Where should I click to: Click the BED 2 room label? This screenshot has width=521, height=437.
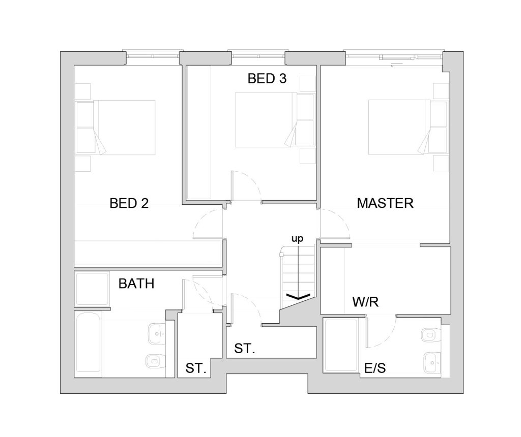pyautogui.click(x=129, y=203)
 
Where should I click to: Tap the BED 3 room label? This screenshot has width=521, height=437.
pyautogui.click(x=267, y=79)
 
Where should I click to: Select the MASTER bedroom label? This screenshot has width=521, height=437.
pyautogui.click(x=385, y=203)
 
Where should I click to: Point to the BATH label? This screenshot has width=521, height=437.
pyautogui.click(x=136, y=284)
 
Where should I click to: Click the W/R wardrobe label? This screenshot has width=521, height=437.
pyautogui.click(x=365, y=302)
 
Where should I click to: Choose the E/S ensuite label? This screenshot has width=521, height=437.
pyautogui.click(x=375, y=368)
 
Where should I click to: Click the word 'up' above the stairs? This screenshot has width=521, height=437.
pyautogui.click(x=297, y=239)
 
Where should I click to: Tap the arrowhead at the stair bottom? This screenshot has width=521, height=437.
pyautogui.click(x=298, y=296)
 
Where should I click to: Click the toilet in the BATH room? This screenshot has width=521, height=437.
pyautogui.click(x=156, y=361)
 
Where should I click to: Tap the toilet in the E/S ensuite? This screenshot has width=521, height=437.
pyautogui.click(x=430, y=335)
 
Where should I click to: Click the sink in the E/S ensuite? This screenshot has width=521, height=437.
pyautogui.click(x=432, y=363)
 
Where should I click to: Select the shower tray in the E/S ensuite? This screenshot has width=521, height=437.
pyautogui.click(x=341, y=345)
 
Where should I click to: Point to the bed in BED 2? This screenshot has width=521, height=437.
pyautogui.click(x=125, y=128)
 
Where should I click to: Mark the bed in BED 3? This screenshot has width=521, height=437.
pyautogui.click(x=266, y=119)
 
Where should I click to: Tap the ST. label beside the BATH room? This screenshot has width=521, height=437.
pyautogui.click(x=196, y=368)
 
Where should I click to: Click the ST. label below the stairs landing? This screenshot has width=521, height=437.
pyautogui.click(x=244, y=349)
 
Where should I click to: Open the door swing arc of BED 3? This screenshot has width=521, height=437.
pyautogui.click(x=252, y=181)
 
